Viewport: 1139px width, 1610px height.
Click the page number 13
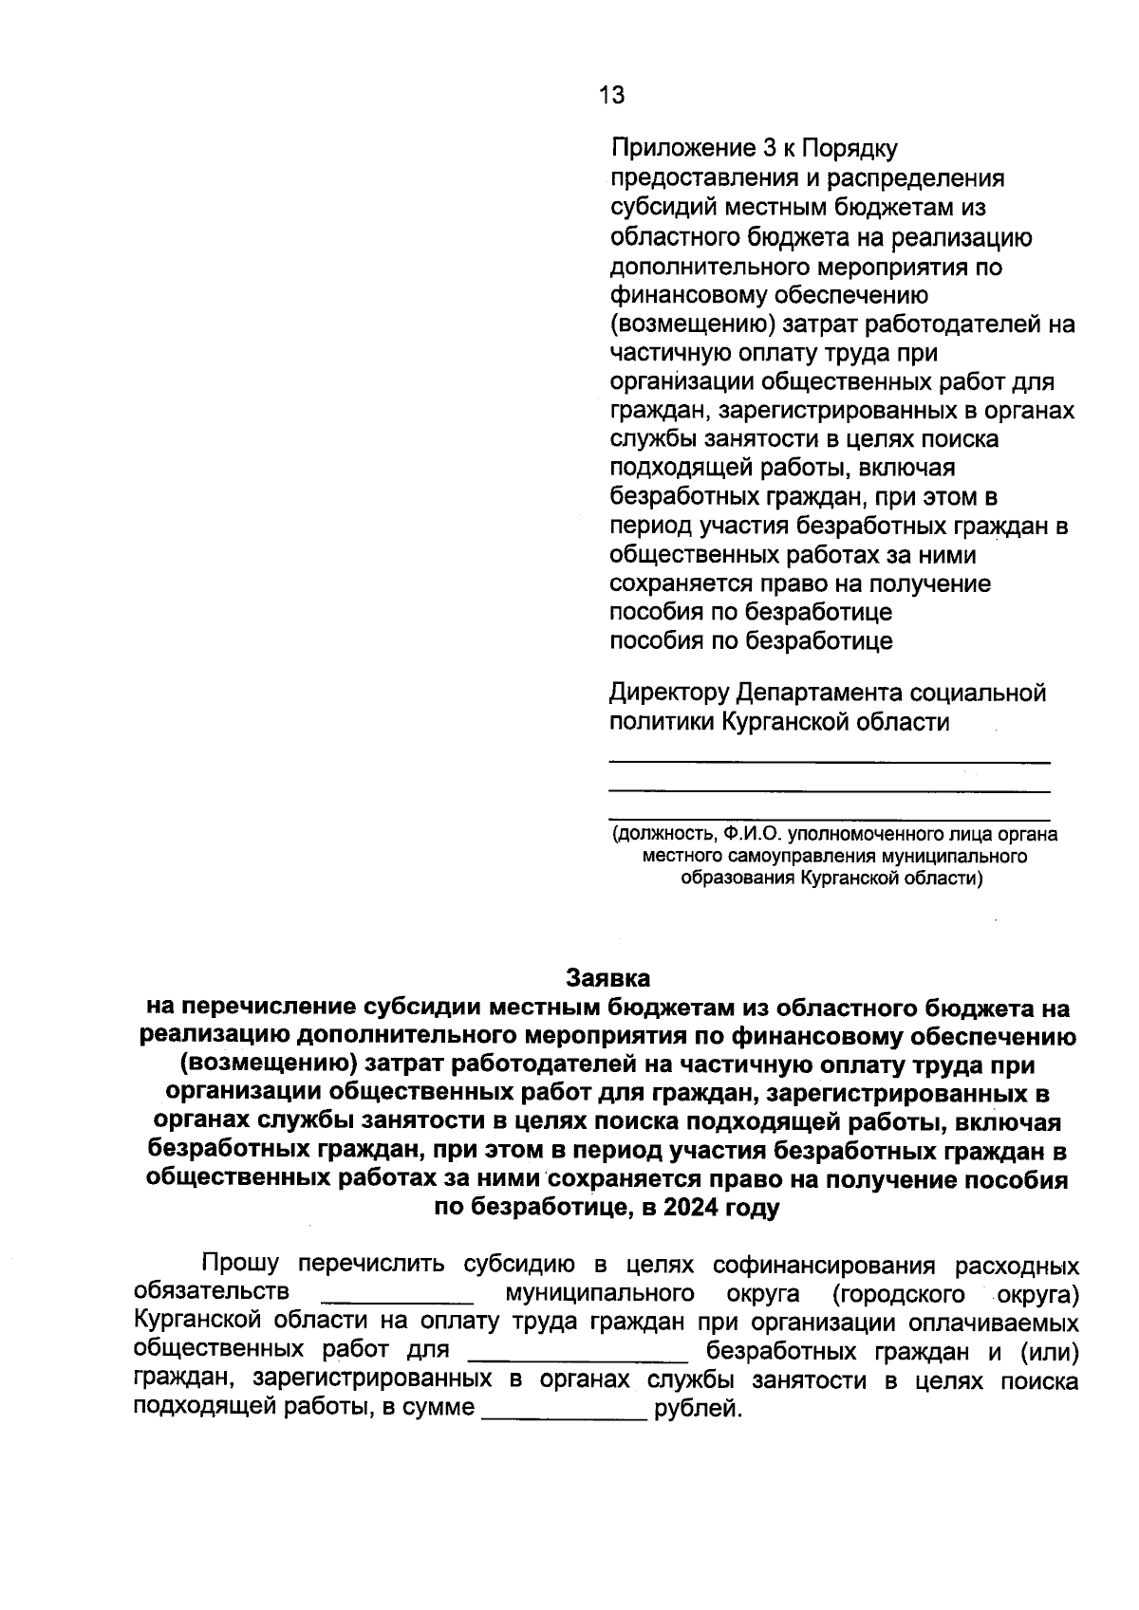point(611,95)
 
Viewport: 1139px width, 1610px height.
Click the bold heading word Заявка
point(607,976)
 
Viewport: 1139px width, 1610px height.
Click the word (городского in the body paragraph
point(890,1294)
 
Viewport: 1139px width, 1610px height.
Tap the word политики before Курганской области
point(662,722)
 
